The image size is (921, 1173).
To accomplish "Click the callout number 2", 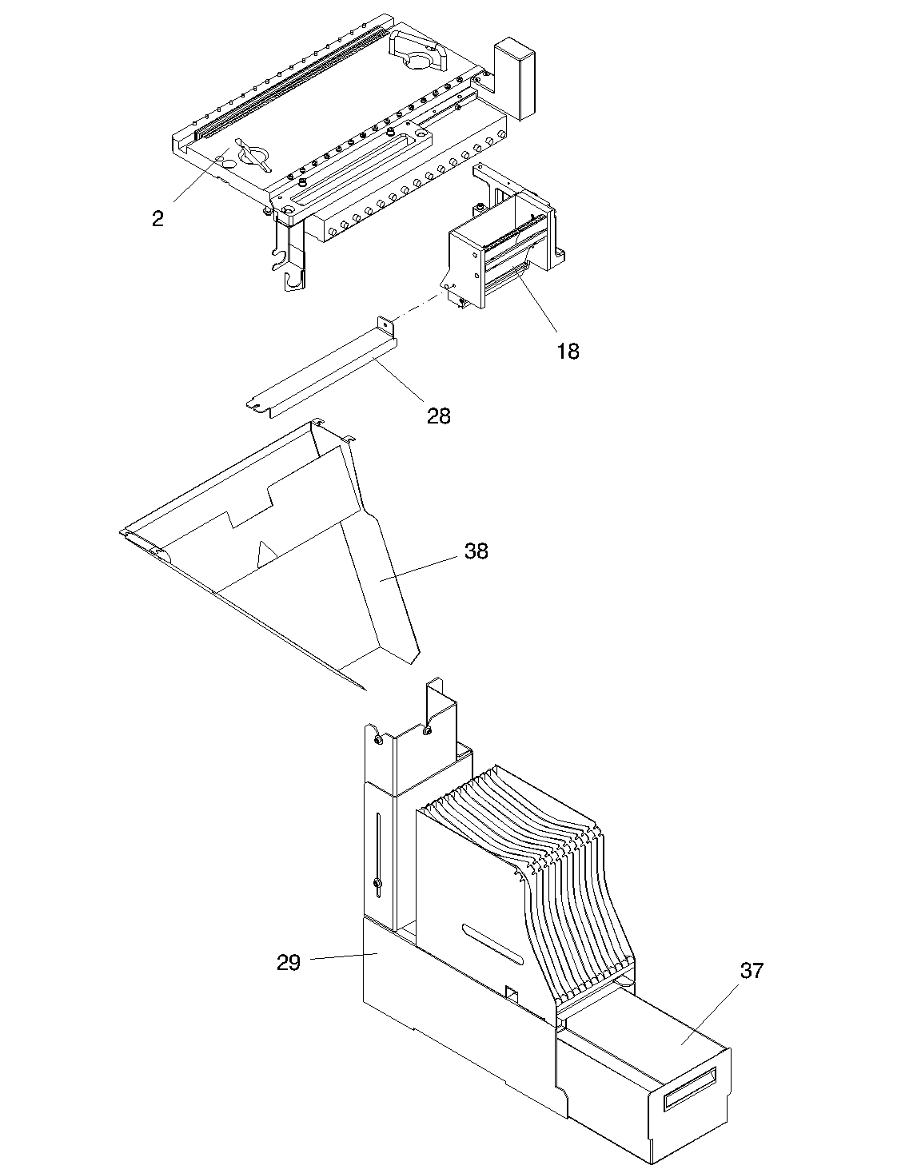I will pyautogui.click(x=157, y=219).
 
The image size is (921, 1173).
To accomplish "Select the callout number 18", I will pyautogui.click(x=568, y=351).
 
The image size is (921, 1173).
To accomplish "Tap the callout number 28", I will pyautogui.click(x=439, y=416).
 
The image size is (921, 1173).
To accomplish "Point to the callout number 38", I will pyautogui.click(x=476, y=551).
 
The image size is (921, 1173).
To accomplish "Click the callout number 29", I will pyautogui.click(x=289, y=963).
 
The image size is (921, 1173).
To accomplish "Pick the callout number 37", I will pyautogui.click(x=752, y=971).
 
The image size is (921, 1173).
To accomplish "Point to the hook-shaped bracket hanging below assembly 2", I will pyautogui.click(x=292, y=260).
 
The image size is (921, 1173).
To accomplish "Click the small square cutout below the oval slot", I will pyautogui.click(x=512, y=994).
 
